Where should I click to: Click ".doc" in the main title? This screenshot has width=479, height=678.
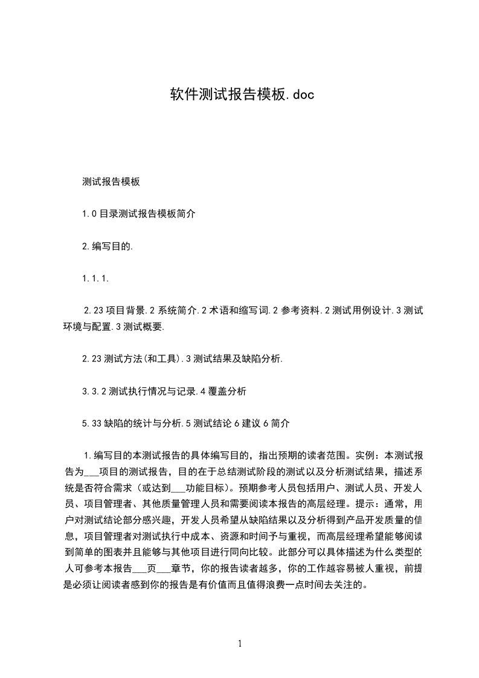pyautogui.click(x=297, y=95)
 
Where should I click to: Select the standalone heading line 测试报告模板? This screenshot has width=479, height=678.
pyautogui.click(x=111, y=181)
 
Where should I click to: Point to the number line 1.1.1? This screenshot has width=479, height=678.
pyautogui.click(x=95, y=279)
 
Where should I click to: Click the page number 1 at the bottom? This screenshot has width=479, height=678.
pyautogui.click(x=240, y=644)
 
